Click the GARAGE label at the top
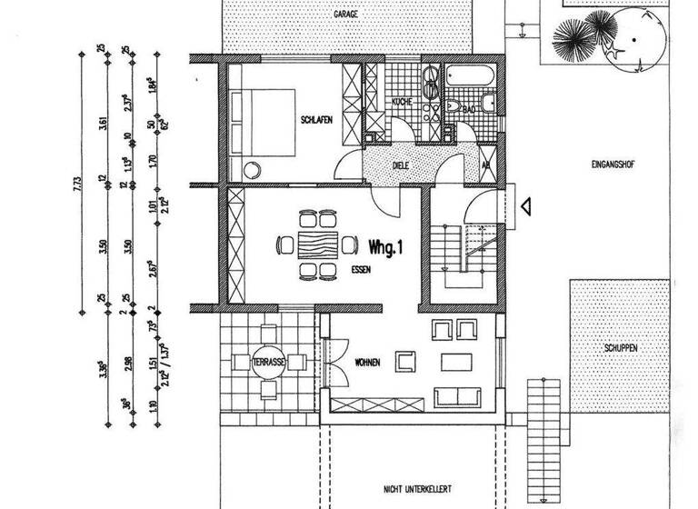pyautogui.click(x=344, y=15)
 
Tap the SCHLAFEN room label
pyautogui.click(x=318, y=120)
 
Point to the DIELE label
pyautogui.click(x=400, y=166)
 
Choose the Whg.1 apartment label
pyautogui.click(x=386, y=245)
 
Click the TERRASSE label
pyautogui.click(x=270, y=362)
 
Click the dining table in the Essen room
pyautogui.click(x=318, y=245)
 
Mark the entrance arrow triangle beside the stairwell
pyautogui.click(x=524, y=206)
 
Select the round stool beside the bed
pyautogui.click(x=252, y=167)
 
